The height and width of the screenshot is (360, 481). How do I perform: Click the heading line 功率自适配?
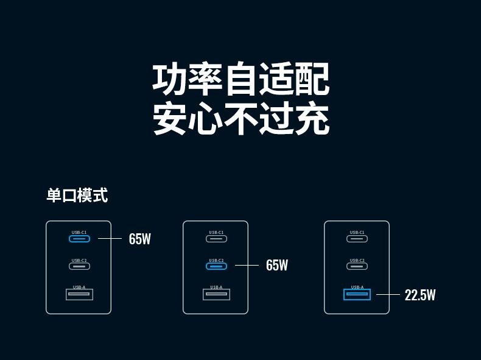tap(240, 80)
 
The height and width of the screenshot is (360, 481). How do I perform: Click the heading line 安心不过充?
tap(240, 119)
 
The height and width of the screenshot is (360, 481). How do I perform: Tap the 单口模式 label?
tap(77, 196)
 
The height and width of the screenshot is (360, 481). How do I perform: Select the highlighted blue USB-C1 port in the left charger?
tap(79, 238)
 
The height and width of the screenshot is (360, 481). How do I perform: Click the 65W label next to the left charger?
tap(139, 239)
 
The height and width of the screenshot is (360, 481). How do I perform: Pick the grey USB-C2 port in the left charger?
tap(79, 266)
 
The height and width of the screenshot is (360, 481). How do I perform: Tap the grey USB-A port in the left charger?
tap(79, 295)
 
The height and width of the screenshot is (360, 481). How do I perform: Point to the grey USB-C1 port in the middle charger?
tap(216, 238)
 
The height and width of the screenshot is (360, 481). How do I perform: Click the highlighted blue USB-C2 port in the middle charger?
tap(216, 266)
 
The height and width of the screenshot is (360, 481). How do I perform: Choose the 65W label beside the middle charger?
tap(277, 266)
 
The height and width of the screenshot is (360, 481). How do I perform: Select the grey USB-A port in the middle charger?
tap(216, 295)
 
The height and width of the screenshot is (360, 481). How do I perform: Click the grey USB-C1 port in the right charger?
tap(357, 238)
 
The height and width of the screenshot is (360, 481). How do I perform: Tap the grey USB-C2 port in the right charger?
tap(357, 266)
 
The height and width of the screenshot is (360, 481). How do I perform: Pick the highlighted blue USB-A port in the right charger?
tap(357, 295)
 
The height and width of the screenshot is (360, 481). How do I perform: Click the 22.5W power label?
tap(420, 295)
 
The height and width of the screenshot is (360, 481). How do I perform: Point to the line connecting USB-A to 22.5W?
tap(388, 295)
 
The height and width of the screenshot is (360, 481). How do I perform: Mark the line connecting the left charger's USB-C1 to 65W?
tap(110, 238)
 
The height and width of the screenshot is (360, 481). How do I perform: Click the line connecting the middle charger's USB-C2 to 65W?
tap(247, 265)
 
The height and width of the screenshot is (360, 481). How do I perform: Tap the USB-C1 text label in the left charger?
tap(79, 232)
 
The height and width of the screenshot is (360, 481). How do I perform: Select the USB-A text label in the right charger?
tap(357, 287)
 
